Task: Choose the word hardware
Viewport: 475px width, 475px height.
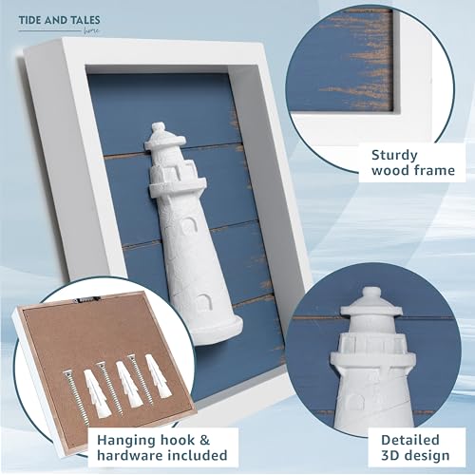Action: pos(124,461)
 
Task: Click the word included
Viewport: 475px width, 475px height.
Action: pos(198,461)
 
